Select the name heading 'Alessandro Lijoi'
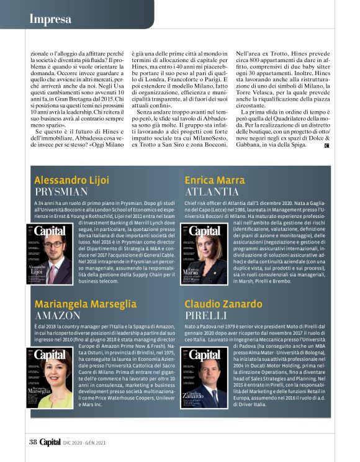pos(71,180)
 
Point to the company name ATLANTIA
pos(212,191)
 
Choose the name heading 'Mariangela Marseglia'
pos(85,304)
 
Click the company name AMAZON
pos(58,315)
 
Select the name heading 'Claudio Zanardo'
pos(223,304)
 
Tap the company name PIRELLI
pos(207,315)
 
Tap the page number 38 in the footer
pos(34,442)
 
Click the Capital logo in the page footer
pos(50,442)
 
